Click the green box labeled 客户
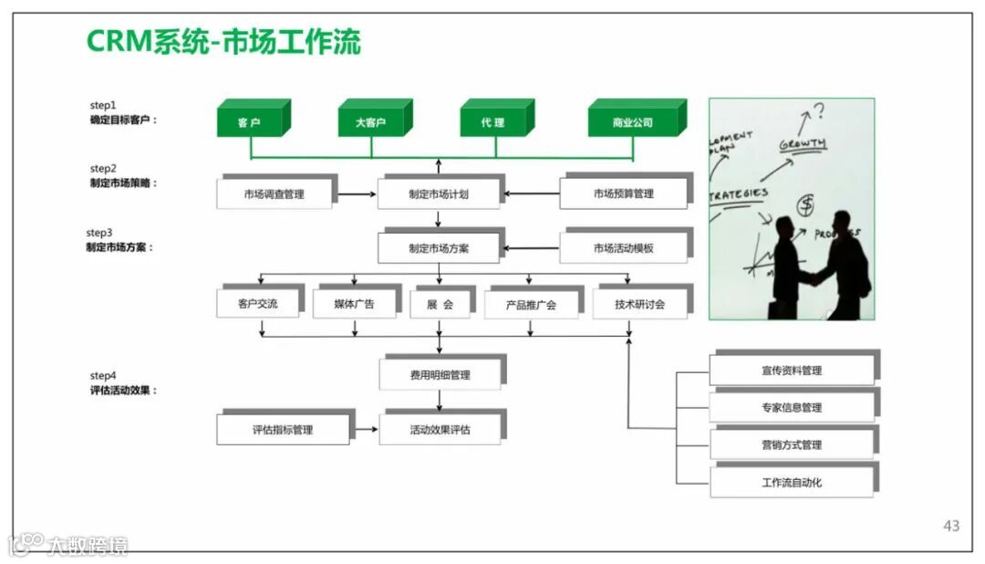click(249, 122)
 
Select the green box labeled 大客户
click(370, 122)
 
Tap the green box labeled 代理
click(493, 122)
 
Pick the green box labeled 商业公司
click(632, 122)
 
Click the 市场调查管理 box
click(274, 194)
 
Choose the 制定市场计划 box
click(439, 194)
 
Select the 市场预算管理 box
click(623, 194)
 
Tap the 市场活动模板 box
click(623, 248)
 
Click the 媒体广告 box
click(354, 304)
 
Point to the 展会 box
click(440, 304)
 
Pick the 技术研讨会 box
click(639, 304)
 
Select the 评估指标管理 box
click(283, 430)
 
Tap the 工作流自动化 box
click(792, 482)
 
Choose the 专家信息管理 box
click(792, 407)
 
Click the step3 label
click(99, 234)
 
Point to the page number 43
click(951, 526)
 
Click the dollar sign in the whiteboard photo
click(805, 206)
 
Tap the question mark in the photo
click(819, 111)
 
